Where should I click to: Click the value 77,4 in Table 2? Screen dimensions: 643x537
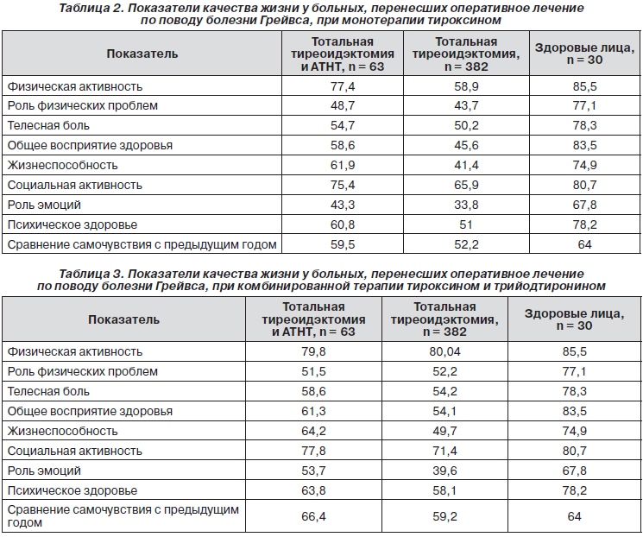343,86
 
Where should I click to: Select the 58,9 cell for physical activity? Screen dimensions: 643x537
466,86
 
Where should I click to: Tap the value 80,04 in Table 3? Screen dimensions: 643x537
445,351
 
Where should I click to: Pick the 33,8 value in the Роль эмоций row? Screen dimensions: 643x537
466,205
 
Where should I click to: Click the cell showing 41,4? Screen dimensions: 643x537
466,165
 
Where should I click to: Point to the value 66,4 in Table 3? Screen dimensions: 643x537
313,516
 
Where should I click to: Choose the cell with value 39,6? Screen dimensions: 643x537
445,471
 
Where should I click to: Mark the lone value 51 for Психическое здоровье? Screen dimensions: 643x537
466,224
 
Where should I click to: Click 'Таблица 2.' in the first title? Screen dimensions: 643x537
91,9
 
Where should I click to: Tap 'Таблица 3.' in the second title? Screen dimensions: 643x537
91,274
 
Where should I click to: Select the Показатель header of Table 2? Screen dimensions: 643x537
142,54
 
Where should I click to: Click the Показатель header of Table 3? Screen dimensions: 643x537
123,319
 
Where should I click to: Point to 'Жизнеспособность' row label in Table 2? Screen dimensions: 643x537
63,165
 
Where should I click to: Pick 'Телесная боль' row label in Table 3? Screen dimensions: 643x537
48,391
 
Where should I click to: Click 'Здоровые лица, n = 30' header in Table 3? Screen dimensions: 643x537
575,319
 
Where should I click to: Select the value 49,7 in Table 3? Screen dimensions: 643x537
445,431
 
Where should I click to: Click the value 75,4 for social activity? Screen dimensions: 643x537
343,185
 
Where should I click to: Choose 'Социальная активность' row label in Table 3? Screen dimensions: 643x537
74,451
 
